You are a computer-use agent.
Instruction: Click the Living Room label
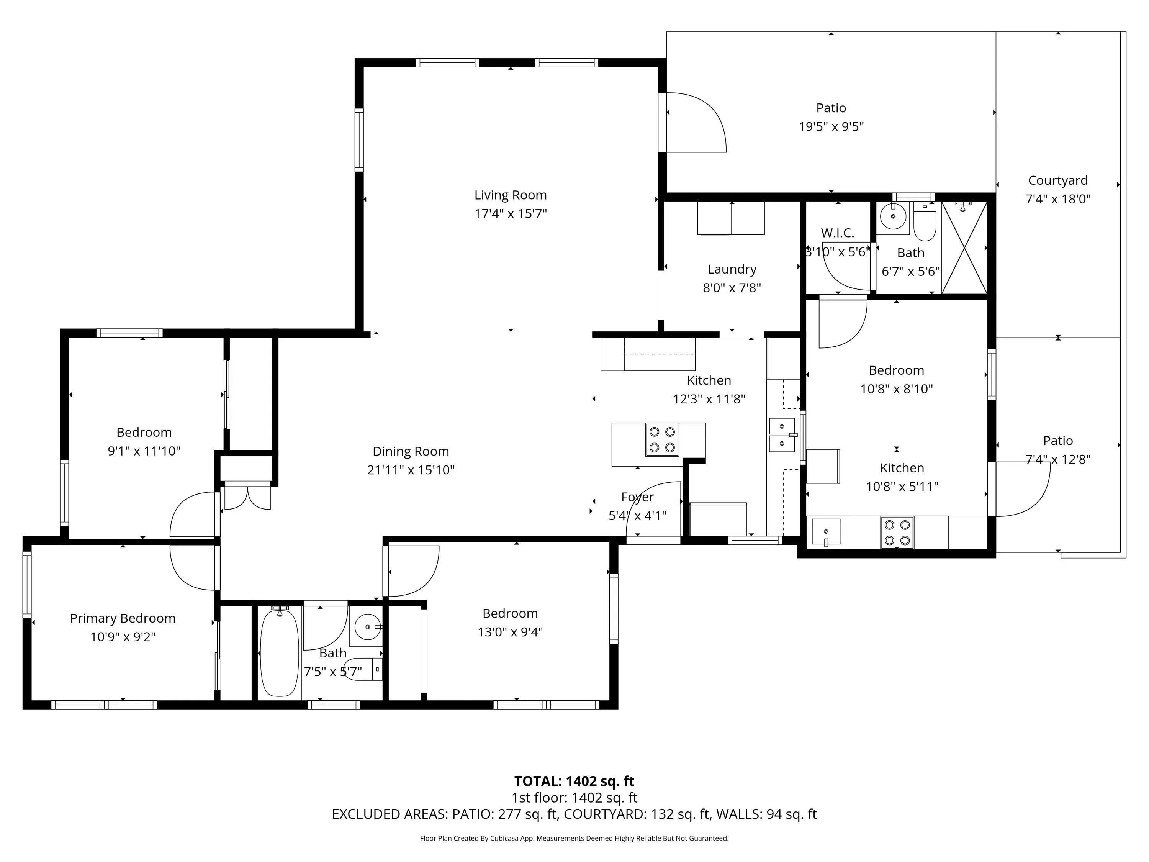point(510,195)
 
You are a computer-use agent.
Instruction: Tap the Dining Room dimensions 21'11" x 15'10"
point(411,470)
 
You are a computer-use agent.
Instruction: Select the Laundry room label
point(732,269)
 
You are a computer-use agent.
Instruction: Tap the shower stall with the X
point(964,248)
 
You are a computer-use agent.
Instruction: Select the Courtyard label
point(1057,180)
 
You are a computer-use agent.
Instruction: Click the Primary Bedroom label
point(123,618)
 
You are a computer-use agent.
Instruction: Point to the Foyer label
point(637,497)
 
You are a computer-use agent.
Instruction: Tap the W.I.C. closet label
point(837,233)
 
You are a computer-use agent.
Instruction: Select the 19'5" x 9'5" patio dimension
point(831,127)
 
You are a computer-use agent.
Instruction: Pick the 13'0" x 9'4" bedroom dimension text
point(510,632)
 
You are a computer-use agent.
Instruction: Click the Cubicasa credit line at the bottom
point(574,838)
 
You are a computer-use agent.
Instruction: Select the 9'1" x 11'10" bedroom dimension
point(144,451)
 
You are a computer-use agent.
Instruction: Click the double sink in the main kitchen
point(782,435)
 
